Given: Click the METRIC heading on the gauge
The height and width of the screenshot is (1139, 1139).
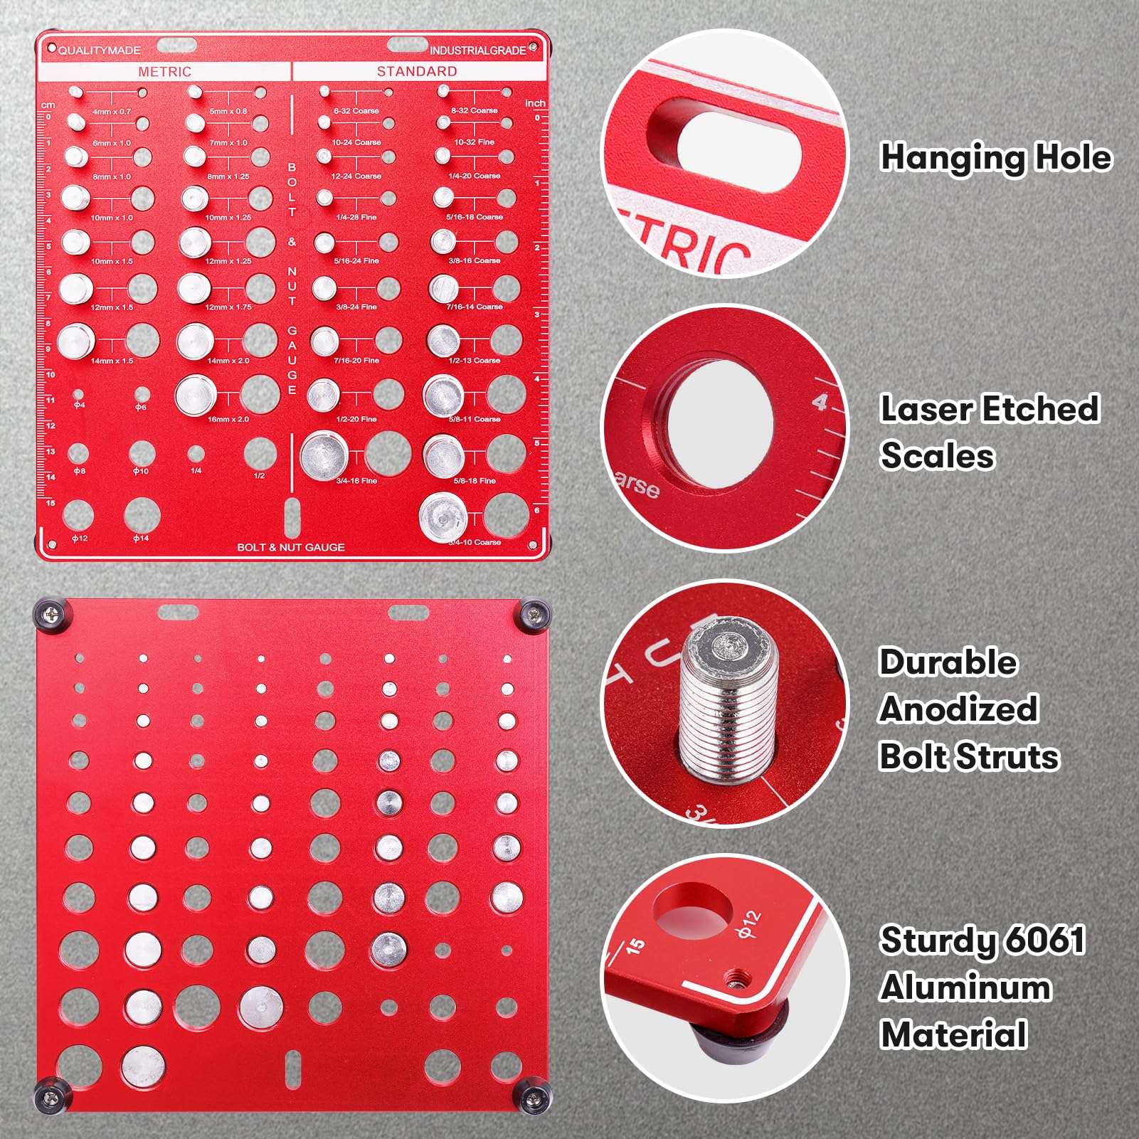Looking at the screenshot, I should coord(164,72).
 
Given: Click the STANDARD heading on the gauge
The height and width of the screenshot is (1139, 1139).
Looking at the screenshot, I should coord(417,71).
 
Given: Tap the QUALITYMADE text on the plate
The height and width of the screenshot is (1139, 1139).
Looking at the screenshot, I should coord(99,51).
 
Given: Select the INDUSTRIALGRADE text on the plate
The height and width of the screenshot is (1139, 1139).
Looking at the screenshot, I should coord(477,51).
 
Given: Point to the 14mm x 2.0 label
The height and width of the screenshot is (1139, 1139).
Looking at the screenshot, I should coord(228,361).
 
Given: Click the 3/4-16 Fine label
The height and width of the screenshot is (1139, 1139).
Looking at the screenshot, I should coord(356,481).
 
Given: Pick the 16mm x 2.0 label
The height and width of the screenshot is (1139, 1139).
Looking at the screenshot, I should coord(228,419).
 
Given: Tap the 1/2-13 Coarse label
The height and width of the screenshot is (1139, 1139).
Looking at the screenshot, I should coord(475,361).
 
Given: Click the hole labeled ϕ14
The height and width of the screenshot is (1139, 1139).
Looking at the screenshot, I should coord(142,514).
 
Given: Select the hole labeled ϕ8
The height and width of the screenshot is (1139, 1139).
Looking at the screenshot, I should coord(78,453).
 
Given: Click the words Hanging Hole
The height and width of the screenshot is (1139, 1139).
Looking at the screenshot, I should coord(995,157).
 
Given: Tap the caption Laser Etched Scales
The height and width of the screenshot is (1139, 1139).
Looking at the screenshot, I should coord(989,432).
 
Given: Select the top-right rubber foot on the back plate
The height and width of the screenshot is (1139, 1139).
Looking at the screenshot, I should coord(534,613).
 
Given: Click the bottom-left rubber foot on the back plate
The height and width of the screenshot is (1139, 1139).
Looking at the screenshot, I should coord(51,1096).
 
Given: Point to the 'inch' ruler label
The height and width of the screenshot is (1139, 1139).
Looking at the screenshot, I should coord(535,103).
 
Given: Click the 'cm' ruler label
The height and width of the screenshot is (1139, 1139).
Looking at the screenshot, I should coord(48,105).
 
